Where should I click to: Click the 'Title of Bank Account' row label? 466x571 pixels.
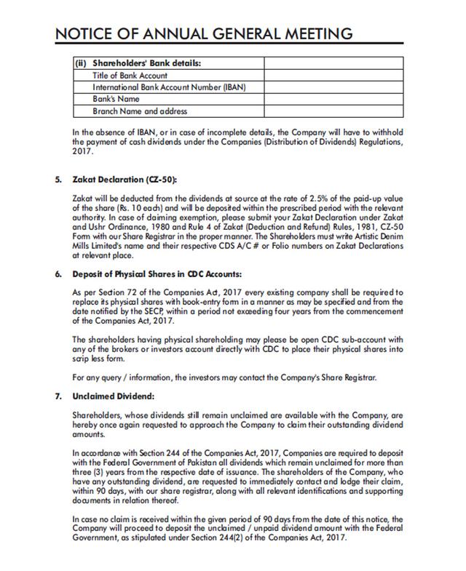click(x=130, y=76)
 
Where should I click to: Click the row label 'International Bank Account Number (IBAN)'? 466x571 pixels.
click(x=168, y=87)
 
